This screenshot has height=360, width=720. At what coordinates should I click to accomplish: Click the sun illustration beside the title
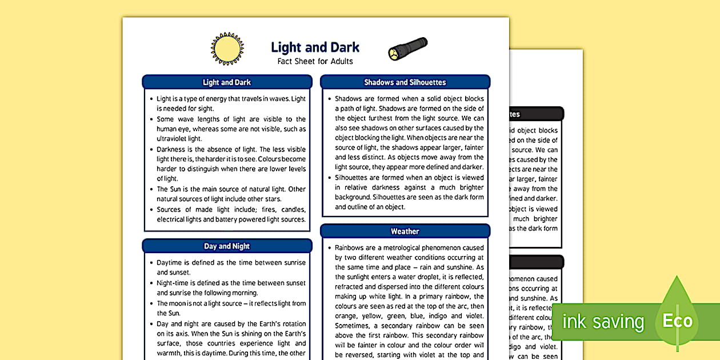click(227, 49)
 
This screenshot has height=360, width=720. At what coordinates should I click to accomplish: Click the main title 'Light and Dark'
click(315, 47)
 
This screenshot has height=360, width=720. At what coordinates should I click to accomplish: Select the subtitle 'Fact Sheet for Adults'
click(315, 61)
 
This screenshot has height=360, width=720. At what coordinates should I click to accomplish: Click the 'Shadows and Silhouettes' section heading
click(405, 82)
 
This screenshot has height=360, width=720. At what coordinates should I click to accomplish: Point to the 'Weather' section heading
click(405, 231)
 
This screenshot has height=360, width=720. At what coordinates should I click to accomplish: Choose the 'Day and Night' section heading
click(227, 246)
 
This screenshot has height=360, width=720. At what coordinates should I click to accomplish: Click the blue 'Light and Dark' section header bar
click(227, 82)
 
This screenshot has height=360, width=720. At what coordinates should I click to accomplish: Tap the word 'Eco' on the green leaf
click(677, 321)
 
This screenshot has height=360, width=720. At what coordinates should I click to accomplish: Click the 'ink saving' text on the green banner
click(603, 322)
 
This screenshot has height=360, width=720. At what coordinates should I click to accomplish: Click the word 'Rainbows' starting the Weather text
click(349, 248)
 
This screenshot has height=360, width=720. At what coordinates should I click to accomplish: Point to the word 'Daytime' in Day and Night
click(170, 263)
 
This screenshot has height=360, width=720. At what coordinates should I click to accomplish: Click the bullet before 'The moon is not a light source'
click(151, 303)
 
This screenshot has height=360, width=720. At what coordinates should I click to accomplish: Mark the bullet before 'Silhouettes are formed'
click(329, 178)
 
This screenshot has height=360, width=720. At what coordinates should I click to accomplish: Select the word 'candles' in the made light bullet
click(293, 209)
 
